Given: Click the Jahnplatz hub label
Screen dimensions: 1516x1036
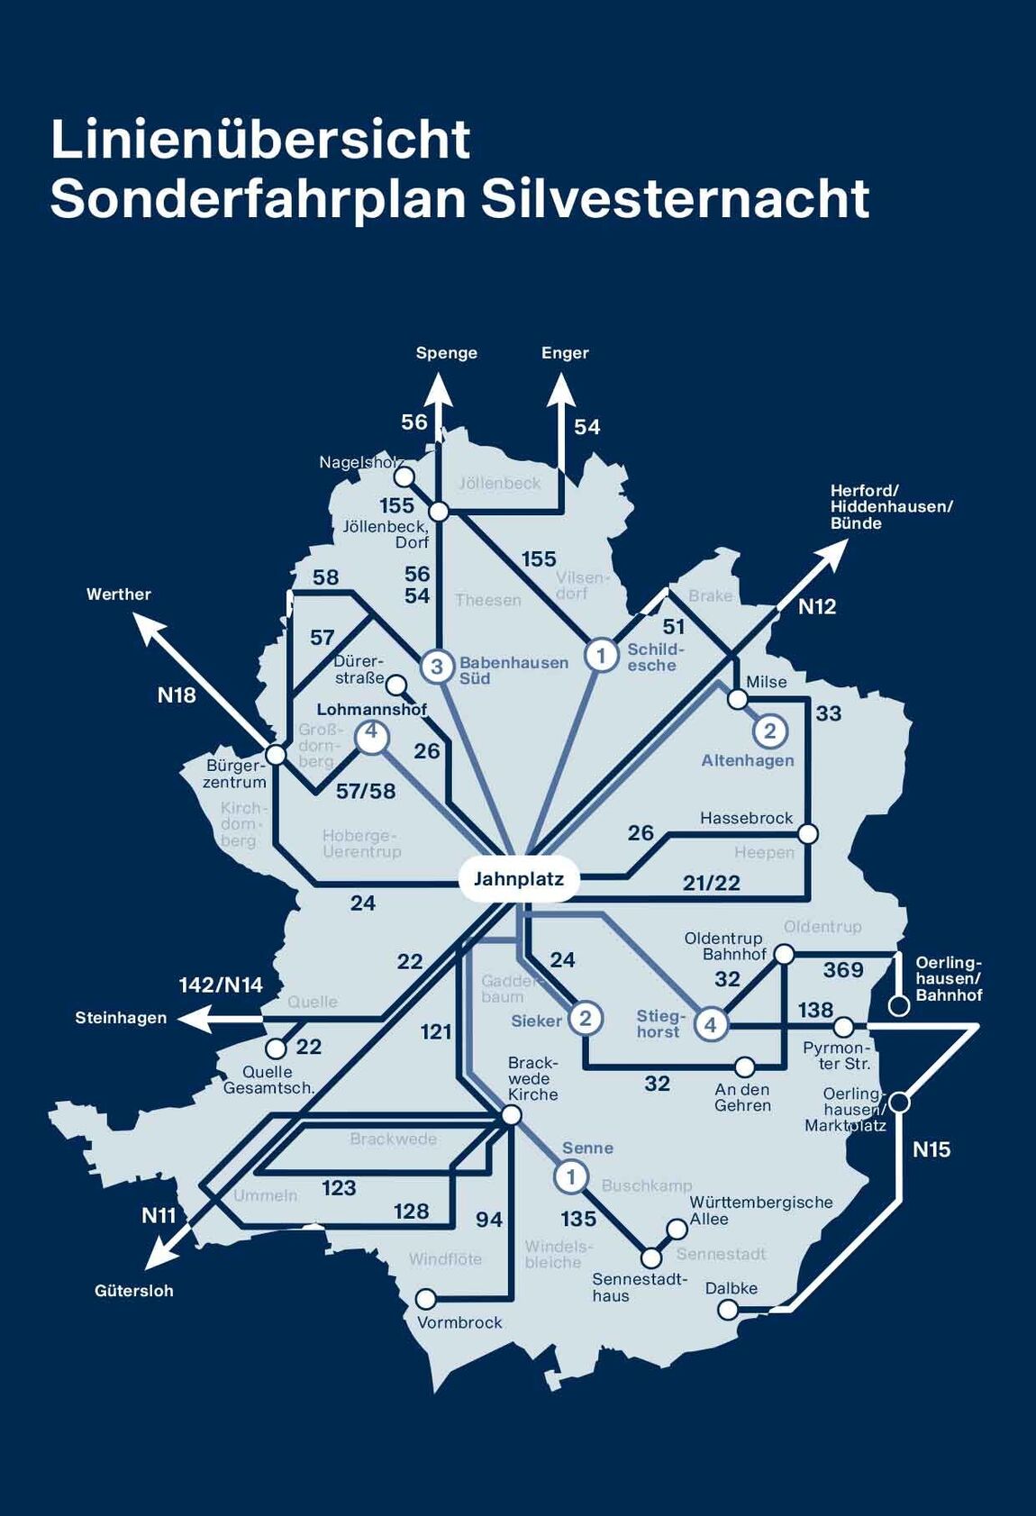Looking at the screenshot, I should point(518,878).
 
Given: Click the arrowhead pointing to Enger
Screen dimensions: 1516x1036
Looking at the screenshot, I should point(561,393).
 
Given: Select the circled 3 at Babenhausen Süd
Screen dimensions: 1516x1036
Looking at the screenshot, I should point(437,667).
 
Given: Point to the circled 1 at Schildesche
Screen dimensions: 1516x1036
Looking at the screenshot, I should point(601,655).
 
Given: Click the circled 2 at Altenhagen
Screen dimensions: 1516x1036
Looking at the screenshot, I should point(769,731).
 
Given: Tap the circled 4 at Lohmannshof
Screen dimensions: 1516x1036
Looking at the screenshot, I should point(371,736).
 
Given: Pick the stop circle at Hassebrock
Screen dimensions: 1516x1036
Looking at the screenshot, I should point(808,833).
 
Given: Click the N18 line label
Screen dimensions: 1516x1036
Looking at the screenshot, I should point(177,694).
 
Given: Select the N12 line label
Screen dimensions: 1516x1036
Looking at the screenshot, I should point(817,607).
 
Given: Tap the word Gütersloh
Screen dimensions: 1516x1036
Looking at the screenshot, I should point(133,1291).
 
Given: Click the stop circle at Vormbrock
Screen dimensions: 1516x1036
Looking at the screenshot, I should point(425,1299).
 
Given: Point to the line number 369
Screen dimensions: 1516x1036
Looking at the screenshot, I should point(843,970).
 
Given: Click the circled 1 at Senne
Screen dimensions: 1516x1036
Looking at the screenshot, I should point(570,1176).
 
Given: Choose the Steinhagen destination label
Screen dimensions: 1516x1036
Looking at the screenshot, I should point(121,1018).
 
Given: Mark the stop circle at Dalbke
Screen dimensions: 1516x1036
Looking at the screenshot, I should point(728,1309).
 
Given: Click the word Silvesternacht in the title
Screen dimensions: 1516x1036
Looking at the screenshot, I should point(675,199).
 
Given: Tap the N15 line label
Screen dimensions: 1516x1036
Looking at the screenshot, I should point(931,1149).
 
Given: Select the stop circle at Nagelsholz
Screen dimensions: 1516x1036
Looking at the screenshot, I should point(404,476).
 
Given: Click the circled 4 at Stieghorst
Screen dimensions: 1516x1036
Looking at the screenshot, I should point(711,1024).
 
